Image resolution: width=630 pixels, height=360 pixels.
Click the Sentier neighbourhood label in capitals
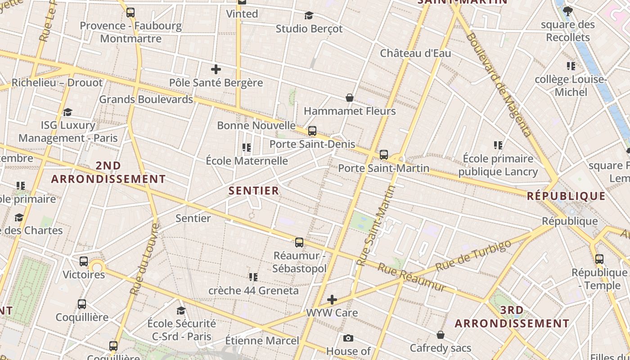point(254,191)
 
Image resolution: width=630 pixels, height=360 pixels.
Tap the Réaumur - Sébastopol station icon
point(299,243)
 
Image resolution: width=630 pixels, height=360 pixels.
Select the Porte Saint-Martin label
point(383,168)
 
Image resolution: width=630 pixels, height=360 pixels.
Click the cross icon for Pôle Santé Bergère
point(216,69)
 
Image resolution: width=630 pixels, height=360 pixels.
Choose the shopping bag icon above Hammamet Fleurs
point(349,98)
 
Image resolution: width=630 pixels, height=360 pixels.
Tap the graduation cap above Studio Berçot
point(309,16)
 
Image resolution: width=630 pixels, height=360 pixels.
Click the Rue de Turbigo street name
point(473,255)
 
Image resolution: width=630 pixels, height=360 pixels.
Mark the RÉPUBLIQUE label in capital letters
point(566,196)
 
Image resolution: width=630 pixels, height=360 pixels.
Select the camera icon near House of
point(348,338)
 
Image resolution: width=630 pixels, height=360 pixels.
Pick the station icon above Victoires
point(84,261)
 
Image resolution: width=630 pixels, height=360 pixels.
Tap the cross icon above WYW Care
point(332,300)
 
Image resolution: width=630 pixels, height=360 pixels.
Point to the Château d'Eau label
point(415,53)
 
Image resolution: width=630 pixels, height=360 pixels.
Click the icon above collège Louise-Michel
point(571,66)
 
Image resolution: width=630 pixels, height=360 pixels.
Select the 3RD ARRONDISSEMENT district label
point(512,317)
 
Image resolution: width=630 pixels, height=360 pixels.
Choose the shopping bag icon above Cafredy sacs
point(441,335)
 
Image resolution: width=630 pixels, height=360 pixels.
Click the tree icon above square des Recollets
point(568,11)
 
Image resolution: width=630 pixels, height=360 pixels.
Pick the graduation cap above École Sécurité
point(181,310)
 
